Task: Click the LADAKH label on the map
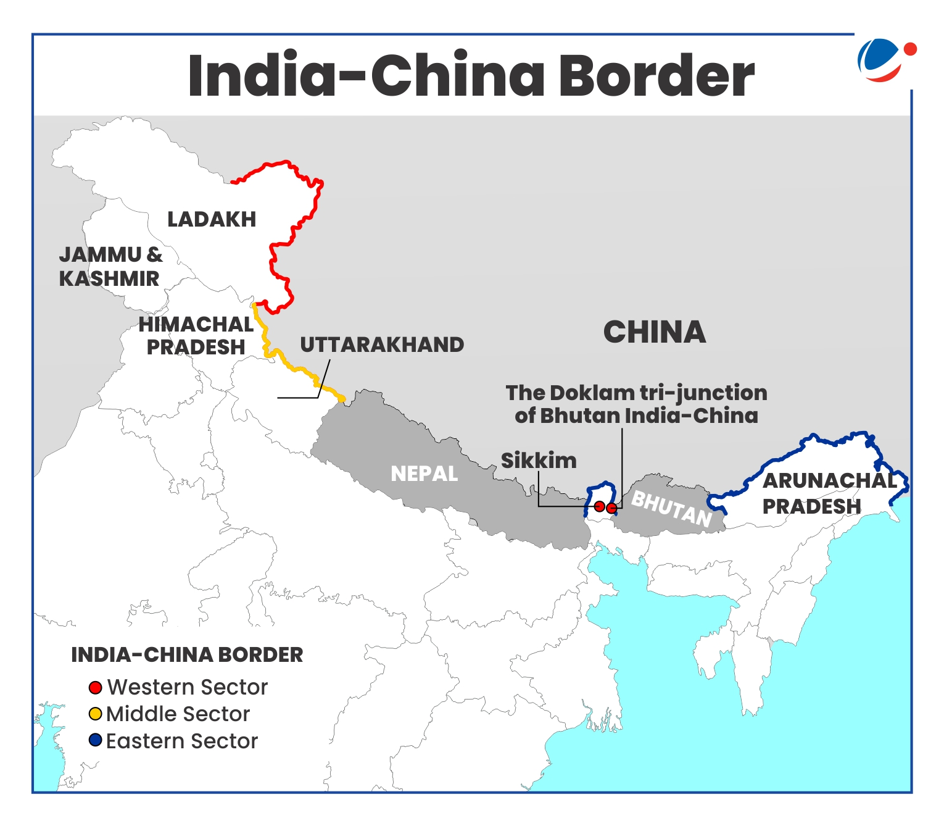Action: tap(212, 219)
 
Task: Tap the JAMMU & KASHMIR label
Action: tap(110, 267)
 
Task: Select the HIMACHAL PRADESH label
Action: tap(196, 336)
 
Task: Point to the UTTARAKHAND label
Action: tap(382, 345)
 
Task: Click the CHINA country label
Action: tap(654, 332)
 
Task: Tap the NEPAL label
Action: tap(424, 474)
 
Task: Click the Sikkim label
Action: tap(538, 461)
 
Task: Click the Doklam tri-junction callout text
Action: tap(636, 404)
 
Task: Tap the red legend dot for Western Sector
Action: tap(95, 687)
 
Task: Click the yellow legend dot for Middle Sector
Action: tap(95, 714)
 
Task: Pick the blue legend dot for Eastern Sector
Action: tap(95, 740)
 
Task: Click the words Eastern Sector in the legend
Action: tap(181, 741)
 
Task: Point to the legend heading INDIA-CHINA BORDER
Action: tap(187, 654)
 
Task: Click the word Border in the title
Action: tap(656, 75)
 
